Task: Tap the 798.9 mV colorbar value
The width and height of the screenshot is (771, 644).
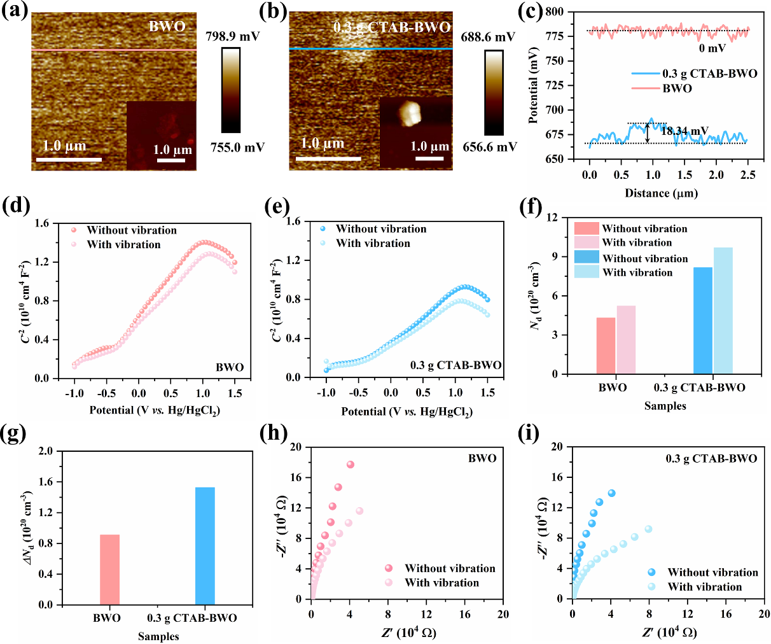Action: pyautogui.click(x=232, y=36)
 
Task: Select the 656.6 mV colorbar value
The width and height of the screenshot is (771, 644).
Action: pyautogui.click(x=489, y=147)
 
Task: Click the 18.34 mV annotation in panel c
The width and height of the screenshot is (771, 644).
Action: pyautogui.click(x=684, y=132)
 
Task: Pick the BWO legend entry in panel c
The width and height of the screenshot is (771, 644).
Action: pyautogui.click(x=677, y=88)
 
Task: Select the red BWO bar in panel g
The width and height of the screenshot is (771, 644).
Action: pyautogui.click(x=109, y=570)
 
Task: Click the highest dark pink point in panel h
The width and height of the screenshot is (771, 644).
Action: pyautogui.click(x=350, y=465)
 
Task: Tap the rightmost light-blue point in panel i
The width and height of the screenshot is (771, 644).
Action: pyautogui.click(x=648, y=529)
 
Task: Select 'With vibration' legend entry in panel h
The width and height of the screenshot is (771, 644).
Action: pyautogui.click(x=441, y=582)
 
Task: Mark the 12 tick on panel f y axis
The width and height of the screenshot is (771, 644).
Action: pyautogui.click(x=553, y=218)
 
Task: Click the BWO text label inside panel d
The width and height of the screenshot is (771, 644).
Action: pyautogui.click(x=230, y=367)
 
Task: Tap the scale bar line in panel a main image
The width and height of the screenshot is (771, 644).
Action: pyautogui.click(x=68, y=158)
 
